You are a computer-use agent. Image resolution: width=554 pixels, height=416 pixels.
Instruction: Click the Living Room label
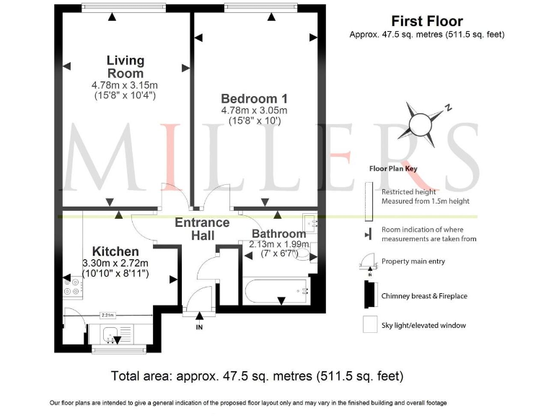click(125, 67)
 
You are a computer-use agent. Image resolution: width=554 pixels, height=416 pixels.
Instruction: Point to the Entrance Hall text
click(202, 229)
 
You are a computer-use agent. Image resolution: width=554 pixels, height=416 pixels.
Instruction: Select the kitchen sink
click(112, 334)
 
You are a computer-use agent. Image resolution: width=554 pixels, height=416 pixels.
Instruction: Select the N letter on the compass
click(448, 108)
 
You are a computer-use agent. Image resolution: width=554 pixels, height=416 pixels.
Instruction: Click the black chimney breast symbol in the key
click(368, 295)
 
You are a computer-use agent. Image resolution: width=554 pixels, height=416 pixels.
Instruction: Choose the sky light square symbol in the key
click(369, 325)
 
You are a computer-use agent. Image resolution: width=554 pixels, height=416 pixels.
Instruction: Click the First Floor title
click(426, 22)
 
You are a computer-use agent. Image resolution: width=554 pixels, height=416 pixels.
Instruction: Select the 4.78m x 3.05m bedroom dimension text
click(254, 110)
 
